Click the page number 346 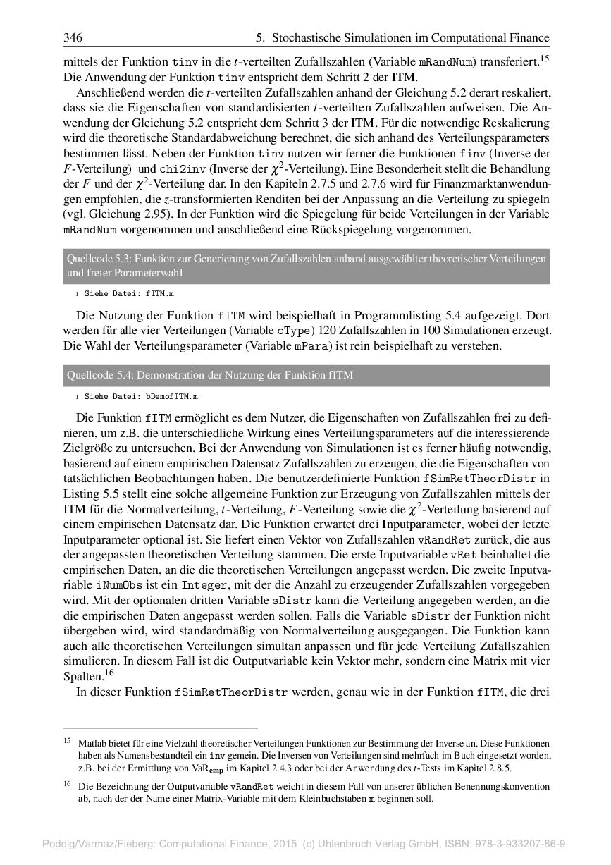[73, 37]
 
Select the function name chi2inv [180, 169]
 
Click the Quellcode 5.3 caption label [96, 259]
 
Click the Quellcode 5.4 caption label [96, 375]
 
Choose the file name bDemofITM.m [172, 397]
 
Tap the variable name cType [295, 331]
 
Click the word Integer [204, 586]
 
